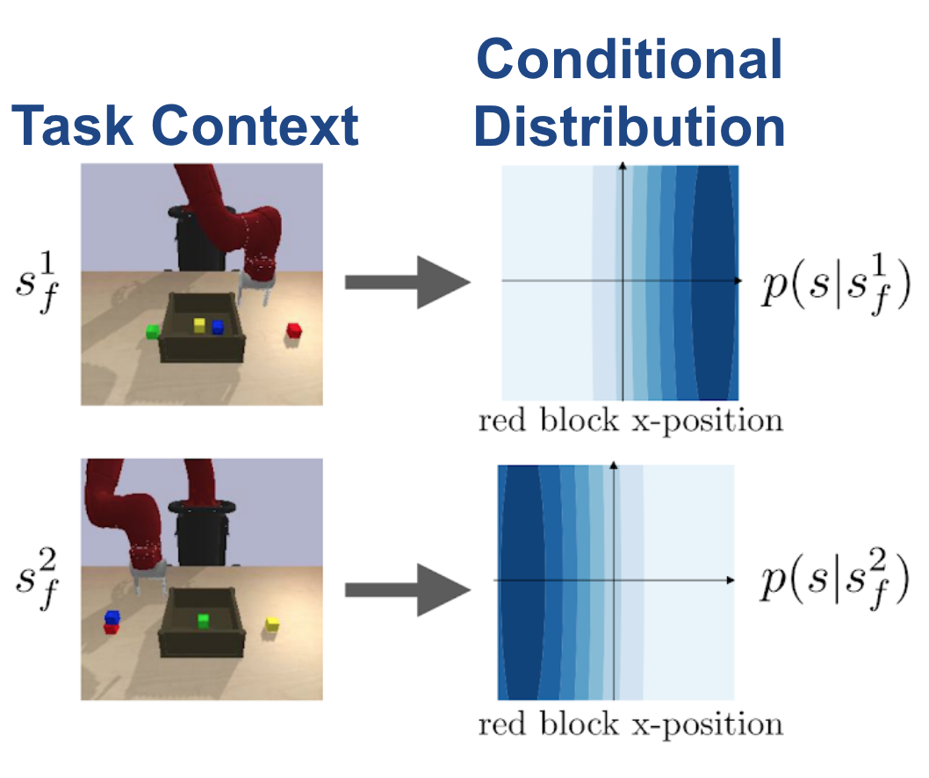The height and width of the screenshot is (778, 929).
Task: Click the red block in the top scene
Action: [294, 331]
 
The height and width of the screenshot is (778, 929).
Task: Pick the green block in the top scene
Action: [153, 331]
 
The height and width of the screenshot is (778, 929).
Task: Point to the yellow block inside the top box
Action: [199, 325]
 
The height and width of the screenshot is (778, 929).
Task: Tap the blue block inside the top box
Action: [218, 327]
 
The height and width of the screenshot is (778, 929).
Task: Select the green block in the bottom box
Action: [203, 621]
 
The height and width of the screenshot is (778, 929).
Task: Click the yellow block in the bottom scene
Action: [272, 624]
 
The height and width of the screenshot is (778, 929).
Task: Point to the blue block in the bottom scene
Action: [112, 616]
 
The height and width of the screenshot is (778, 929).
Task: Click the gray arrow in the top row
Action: [407, 282]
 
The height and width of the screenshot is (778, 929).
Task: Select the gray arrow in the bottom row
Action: [407, 589]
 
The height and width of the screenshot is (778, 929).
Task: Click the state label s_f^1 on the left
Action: [37, 282]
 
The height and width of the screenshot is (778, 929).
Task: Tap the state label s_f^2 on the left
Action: [37, 579]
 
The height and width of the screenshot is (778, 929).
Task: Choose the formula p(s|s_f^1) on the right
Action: [836, 285]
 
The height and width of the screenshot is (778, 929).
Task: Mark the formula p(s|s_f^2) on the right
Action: [835, 579]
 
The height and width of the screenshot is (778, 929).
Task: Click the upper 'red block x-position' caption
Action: [630, 421]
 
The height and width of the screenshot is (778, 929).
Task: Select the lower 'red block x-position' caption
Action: [630, 724]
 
